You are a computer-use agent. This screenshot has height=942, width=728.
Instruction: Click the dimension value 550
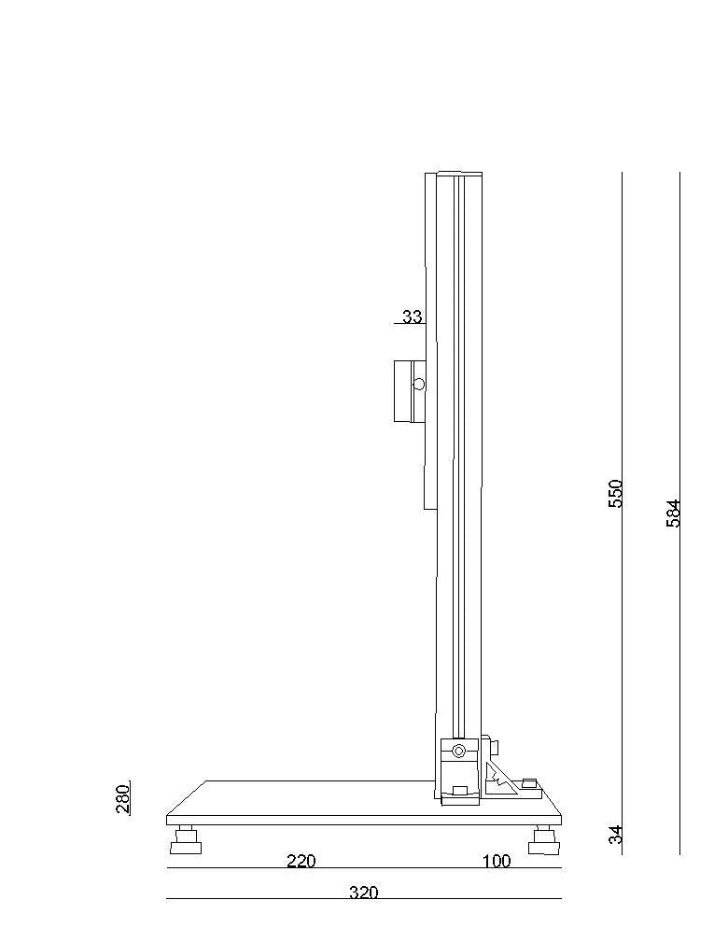pyautogui.click(x=616, y=493)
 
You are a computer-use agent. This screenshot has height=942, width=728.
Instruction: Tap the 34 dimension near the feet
pyautogui.click(x=616, y=835)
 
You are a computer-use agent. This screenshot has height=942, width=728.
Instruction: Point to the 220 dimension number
pyautogui.click(x=301, y=861)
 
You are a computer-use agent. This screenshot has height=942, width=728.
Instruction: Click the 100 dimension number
pyautogui.click(x=497, y=861)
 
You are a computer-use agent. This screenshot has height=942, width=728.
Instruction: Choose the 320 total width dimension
pyautogui.click(x=364, y=893)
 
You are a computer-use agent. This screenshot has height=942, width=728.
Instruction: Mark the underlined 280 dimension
pyautogui.click(x=122, y=798)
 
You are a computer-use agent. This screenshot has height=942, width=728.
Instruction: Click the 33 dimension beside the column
pyautogui.click(x=412, y=316)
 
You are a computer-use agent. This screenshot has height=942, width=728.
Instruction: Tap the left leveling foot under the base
pyautogui.click(x=186, y=840)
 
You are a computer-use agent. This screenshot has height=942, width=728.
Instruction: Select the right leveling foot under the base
pyautogui.click(x=543, y=840)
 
